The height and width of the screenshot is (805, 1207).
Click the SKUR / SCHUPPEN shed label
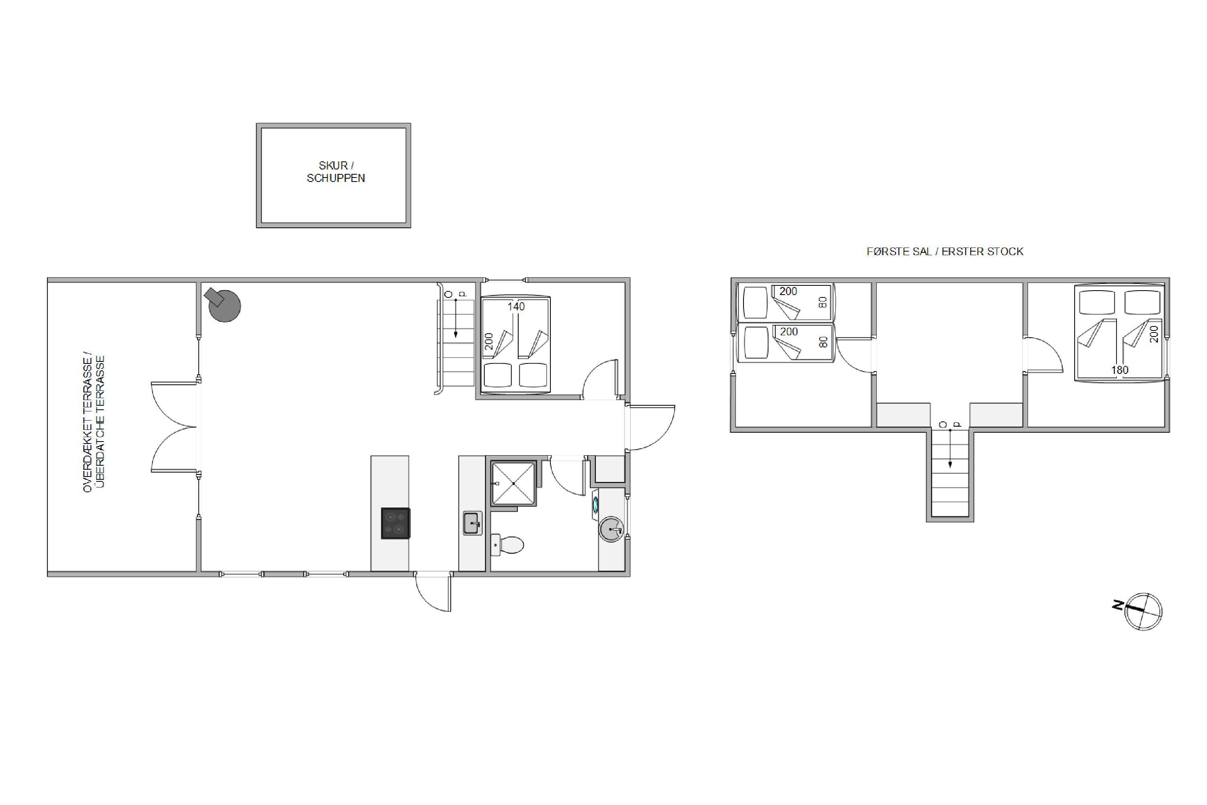[x=336, y=171]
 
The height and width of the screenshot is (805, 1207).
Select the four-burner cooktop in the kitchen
[x=395, y=523]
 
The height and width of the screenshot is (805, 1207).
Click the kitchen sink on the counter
[x=472, y=523]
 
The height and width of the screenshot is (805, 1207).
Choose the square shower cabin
[x=513, y=483]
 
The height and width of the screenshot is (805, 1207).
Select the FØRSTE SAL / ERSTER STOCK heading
[x=945, y=252]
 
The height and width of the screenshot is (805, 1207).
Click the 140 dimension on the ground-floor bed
[x=516, y=306]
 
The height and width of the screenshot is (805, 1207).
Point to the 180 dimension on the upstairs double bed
[x=1120, y=369]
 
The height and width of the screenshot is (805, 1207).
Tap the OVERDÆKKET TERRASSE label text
[x=87, y=421]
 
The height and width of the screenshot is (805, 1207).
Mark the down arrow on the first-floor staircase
[x=950, y=449]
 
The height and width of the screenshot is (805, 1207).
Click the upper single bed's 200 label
[x=788, y=291]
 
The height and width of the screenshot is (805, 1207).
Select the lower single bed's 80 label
[x=824, y=342]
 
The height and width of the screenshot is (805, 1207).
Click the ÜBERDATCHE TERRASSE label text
[x=100, y=421]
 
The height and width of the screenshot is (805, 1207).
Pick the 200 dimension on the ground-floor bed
[x=488, y=341]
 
